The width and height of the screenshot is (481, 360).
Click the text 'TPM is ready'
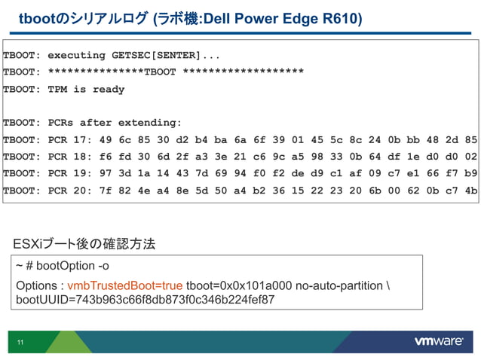coord(86,89)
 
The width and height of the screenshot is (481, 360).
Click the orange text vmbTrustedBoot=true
coord(125,286)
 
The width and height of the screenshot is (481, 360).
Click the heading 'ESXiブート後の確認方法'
coord(84,244)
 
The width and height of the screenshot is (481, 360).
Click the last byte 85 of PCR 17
coord(470,139)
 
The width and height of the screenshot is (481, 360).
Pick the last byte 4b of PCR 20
coord(470,190)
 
